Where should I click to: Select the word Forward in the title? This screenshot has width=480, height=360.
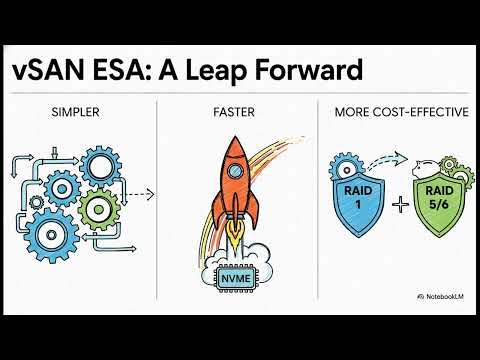tap(309, 72)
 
